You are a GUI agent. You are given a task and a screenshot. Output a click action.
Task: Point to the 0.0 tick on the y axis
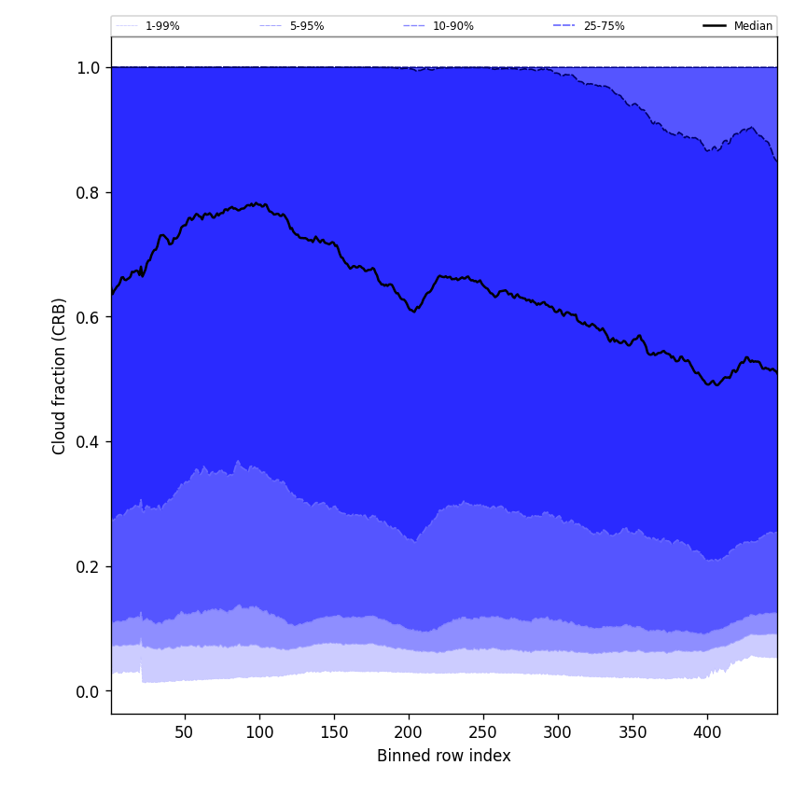point(89,691)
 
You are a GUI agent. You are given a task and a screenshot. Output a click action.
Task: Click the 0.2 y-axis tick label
point(89,566)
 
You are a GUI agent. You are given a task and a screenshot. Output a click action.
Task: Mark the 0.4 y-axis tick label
point(89,441)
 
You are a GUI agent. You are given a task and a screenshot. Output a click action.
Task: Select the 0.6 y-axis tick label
point(89,317)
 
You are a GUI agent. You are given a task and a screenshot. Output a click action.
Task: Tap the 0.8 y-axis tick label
point(89,192)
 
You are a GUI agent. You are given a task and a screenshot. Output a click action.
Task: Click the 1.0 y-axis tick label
point(89,67)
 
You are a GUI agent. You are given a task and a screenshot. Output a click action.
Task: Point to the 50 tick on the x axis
point(185,732)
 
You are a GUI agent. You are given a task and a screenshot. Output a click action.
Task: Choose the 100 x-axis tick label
point(259,732)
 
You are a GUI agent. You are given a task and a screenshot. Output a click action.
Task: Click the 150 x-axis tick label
point(334,732)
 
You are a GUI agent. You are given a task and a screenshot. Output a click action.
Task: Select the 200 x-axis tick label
point(409,732)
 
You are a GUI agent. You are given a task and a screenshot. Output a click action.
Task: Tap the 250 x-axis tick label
point(483,732)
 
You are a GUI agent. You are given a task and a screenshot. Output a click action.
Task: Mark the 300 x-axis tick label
point(558,732)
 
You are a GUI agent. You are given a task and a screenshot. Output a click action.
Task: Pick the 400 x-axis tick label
point(707,732)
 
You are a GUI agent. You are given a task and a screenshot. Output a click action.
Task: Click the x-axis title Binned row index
point(444,756)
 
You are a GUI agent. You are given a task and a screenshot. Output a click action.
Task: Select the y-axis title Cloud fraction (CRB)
point(60,376)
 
